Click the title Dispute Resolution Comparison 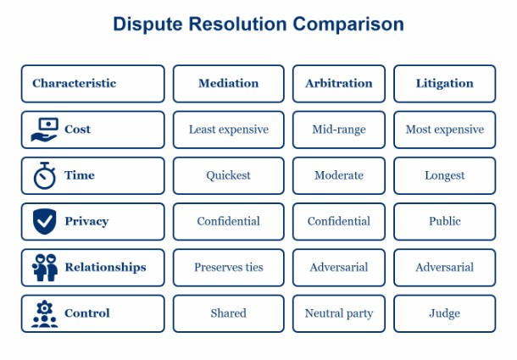coord(258,24)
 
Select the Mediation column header coord(228,84)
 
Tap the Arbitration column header coord(338,84)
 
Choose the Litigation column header coord(444,84)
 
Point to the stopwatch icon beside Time coord(44,176)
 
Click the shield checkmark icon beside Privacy coord(44,222)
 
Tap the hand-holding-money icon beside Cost coord(44,130)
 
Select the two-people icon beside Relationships coord(44,268)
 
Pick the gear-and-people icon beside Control coord(44,313)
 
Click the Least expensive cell coord(228,130)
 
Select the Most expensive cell coord(444,130)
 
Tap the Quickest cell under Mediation coord(228,175)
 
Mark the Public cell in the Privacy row coord(444,221)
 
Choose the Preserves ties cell coord(228,267)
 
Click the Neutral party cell coord(338,313)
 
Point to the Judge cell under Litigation coord(444,313)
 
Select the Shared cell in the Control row coord(228,313)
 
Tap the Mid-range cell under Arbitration coord(338,130)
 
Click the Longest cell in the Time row coord(444,175)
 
